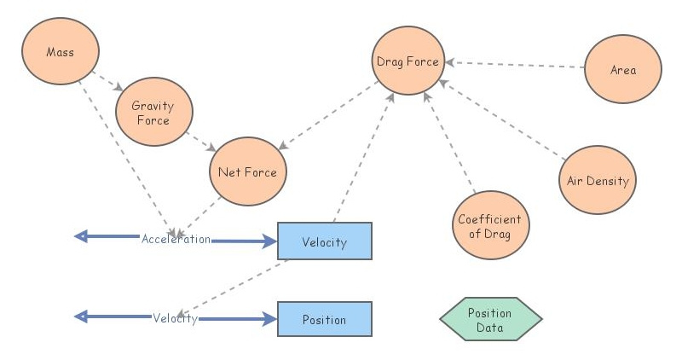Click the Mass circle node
click(x=60, y=53)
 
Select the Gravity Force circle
click(x=153, y=113)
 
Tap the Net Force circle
click(x=247, y=172)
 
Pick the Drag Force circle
click(x=407, y=61)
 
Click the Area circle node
click(x=623, y=70)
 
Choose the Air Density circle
click(x=598, y=181)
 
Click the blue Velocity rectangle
click(x=325, y=241)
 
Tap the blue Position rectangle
click(x=325, y=319)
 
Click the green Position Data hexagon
click(x=490, y=319)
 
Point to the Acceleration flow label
click(x=176, y=240)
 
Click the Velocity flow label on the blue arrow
click(x=175, y=318)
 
